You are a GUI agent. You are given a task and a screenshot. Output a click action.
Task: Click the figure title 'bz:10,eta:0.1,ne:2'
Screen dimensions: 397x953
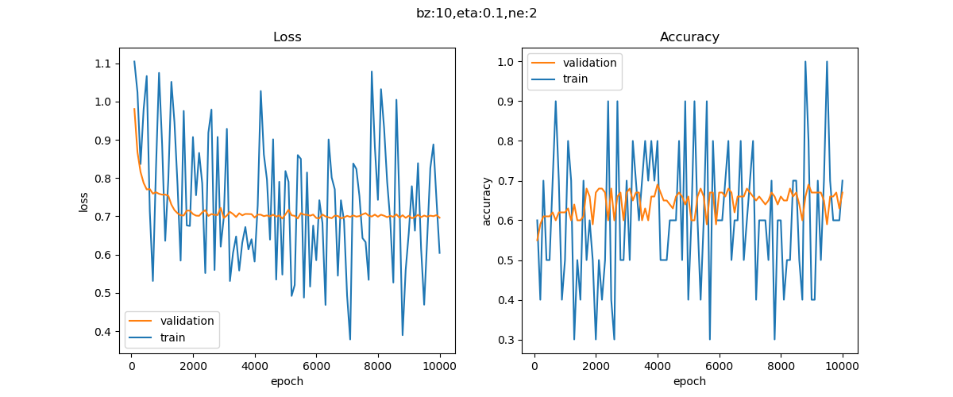coord(476,13)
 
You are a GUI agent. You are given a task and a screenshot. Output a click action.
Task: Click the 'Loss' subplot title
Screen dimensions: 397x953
coord(287,37)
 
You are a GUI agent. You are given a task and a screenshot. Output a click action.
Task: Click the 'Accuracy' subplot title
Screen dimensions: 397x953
coord(689,37)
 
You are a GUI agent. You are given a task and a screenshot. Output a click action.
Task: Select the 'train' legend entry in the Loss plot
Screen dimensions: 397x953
coord(172,337)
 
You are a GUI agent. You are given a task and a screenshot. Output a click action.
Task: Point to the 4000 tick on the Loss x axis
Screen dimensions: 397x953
coord(255,366)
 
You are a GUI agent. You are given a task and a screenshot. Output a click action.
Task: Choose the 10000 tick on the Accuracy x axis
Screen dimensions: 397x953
coord(842,366)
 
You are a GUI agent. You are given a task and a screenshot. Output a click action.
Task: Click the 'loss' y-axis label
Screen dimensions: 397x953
coord(83,201)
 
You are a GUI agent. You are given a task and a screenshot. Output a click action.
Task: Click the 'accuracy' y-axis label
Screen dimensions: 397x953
coord(486,201)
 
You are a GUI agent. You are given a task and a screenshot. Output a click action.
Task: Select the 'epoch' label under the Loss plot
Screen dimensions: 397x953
coord(287,381)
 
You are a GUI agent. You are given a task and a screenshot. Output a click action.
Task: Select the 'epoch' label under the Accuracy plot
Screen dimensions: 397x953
coord(689,381)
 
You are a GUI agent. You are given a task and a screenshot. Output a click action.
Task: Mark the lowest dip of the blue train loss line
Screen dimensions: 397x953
coord(350,340)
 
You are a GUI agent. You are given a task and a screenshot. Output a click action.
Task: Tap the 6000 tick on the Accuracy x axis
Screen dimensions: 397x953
coord(719,366)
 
